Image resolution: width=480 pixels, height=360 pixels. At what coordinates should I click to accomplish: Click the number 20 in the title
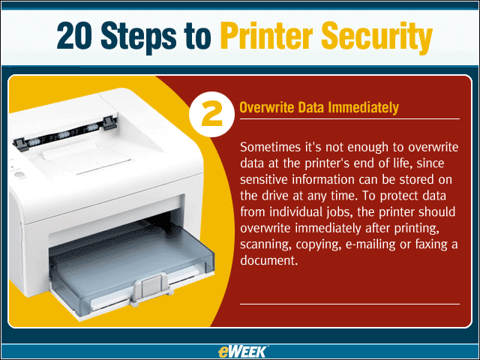tap(74, 35)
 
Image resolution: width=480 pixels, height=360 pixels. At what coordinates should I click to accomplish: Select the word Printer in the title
tap(267, 35)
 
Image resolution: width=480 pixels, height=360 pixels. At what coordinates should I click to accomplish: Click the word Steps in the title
tap(138, 38)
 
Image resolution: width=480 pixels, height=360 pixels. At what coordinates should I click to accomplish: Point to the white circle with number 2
tap(211, 114)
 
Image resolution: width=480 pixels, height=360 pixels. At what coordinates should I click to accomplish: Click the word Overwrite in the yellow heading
tap(267, 107)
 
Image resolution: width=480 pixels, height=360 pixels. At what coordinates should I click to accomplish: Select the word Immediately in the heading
tap(363, 108)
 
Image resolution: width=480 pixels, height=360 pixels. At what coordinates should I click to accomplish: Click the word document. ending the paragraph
tap(268, 260)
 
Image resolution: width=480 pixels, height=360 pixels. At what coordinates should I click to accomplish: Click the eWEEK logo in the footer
tap(243, 352)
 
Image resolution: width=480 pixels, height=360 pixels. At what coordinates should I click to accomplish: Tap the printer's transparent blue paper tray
tap(132, 263)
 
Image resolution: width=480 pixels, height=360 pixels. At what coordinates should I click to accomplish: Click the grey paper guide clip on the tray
tap(149, 289)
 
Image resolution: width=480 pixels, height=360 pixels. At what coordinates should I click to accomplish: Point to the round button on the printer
tap(19, 175)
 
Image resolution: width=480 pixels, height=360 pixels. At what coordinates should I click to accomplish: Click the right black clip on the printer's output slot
tap(109, 122)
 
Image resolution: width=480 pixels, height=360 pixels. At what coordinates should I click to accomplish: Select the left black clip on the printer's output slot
tap(21, 144)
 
